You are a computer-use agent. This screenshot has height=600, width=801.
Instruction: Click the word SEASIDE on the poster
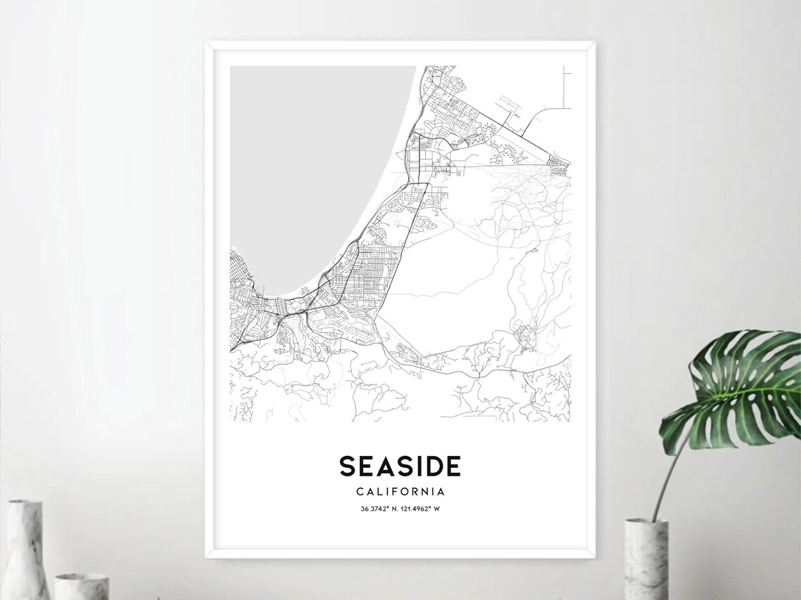point(400,467)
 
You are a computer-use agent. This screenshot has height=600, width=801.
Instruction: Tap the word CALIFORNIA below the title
point(400,492)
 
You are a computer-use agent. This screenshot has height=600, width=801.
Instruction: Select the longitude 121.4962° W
point(421,509)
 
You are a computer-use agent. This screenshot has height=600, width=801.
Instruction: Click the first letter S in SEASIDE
point(347,467)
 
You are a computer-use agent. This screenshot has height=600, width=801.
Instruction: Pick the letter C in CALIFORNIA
point(360,492)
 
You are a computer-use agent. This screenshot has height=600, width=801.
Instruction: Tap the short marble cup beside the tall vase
point(82,587)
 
